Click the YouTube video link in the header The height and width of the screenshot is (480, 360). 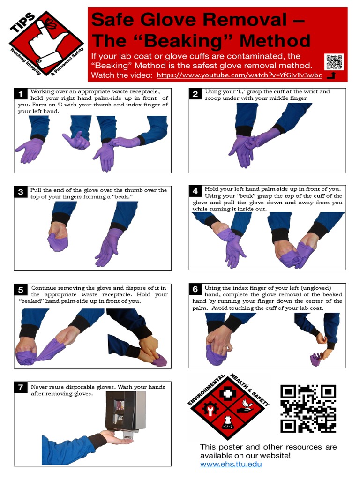click(x=239, y=75)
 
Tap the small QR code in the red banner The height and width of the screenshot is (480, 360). click(x=334, y=62)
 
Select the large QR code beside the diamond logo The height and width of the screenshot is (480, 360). click(x=308, y=408)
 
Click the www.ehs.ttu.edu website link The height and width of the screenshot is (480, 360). click(x=231, y=464)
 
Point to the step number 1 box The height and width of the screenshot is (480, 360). click(x=21, y=94)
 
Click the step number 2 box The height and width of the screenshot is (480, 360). click(x=195, y=94)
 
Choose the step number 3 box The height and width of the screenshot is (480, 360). click(x=21, y=192)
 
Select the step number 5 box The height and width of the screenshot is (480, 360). click(x=21, y=290)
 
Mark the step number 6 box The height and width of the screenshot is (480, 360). click(x=195, y=289)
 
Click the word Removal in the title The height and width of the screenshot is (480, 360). click(x=245, y=20)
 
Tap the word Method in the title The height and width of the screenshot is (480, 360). click(x=275, y=41)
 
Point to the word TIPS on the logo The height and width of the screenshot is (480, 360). click(x=22, y=22)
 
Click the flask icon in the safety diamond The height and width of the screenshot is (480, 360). click(x=227, y=423)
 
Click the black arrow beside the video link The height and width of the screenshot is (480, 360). click(x=331, y=75)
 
